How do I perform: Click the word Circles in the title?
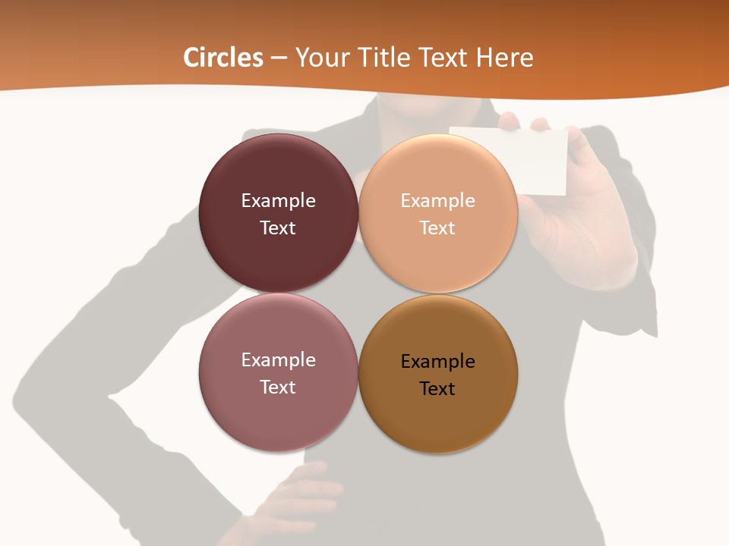tap(223, 58)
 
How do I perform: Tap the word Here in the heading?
tap(504, 58)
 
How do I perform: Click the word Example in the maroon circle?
tap(278, 201)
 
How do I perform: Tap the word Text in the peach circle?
tap(437, 228)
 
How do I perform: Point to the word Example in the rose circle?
tap(278, 360)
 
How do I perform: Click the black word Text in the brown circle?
tap(437, 389)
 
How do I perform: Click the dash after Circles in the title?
tap(279, 58)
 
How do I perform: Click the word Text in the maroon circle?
tap(278, 228)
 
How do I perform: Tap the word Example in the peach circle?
tap(437, 201)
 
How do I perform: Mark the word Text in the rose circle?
tap(278, 388)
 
